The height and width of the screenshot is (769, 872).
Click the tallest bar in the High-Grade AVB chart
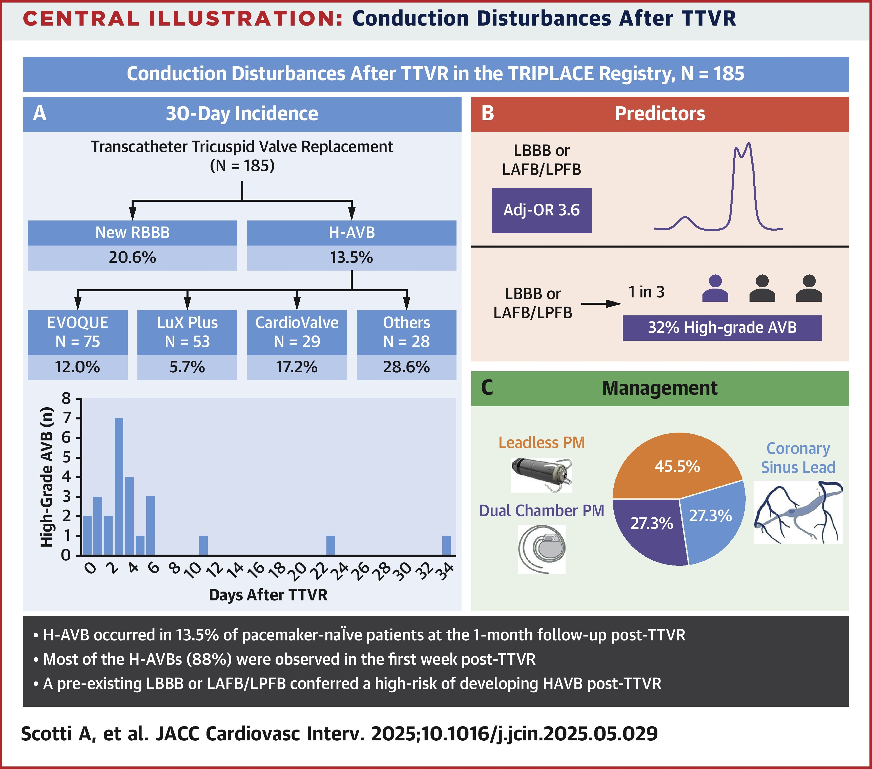click(119, 487)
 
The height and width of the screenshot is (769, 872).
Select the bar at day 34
click(446, 545)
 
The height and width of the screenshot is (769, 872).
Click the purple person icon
click(715, 289)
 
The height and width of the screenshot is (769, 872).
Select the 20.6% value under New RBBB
click(132, 258)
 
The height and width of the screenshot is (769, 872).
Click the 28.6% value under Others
click(406, 367)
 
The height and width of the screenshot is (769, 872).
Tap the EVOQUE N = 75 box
click(78, 332)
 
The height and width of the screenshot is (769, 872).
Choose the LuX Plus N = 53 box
click(187, 332)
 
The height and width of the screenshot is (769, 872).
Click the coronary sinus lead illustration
click(798, 512)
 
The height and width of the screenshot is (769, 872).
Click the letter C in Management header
click(487, 388)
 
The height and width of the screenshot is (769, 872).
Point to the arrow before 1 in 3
click(601, 304)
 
